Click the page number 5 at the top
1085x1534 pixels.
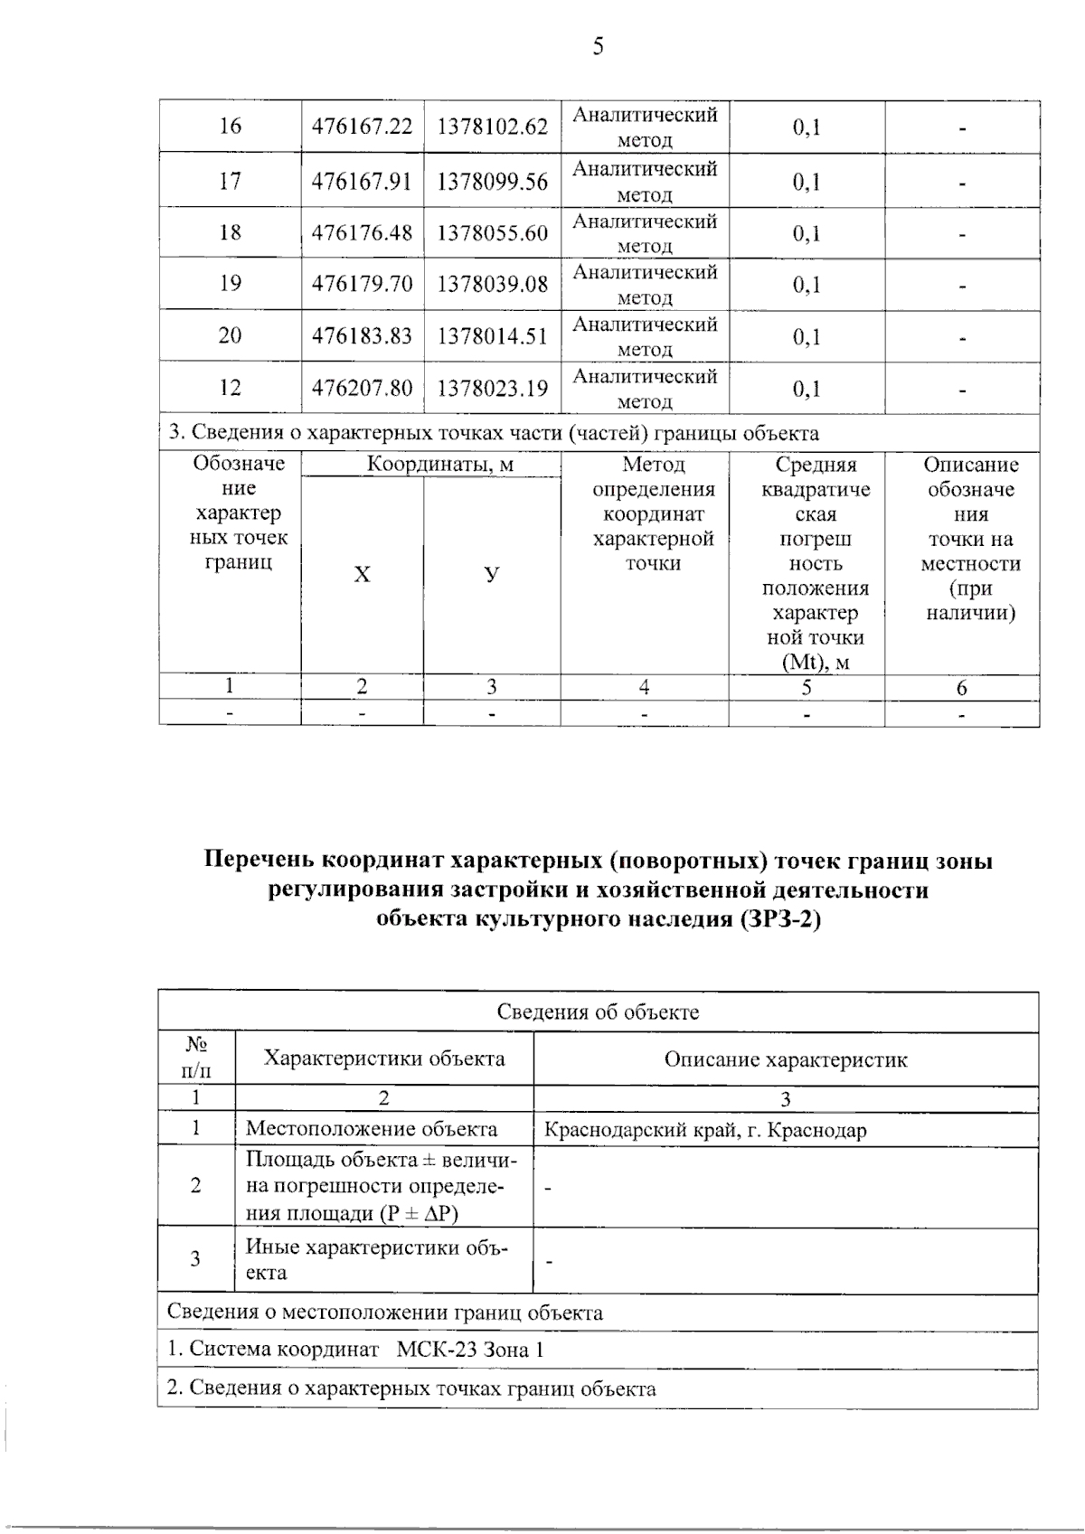(598, 46)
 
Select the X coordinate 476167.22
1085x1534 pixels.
(362, 127)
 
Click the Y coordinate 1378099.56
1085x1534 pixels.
(492, 182)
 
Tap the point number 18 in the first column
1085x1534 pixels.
(230, 232)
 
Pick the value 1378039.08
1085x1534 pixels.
(492, 284)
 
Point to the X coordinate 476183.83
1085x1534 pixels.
(362, 336)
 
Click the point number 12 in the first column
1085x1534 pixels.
(230, 388)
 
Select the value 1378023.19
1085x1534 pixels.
(492, 389)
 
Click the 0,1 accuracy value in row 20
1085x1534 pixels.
(807, 336)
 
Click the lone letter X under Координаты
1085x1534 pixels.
(362, 575)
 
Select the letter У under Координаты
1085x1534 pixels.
(491, 574)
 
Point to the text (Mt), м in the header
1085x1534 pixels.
(816, 663)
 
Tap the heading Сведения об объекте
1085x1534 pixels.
(598, 1012)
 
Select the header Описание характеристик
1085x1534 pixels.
(785, 1059)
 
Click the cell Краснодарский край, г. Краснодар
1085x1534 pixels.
(705, 1130)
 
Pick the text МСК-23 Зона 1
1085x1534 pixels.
(470, 1350)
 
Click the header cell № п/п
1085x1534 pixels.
(196, 1059)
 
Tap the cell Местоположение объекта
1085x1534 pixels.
(371, 1129)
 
